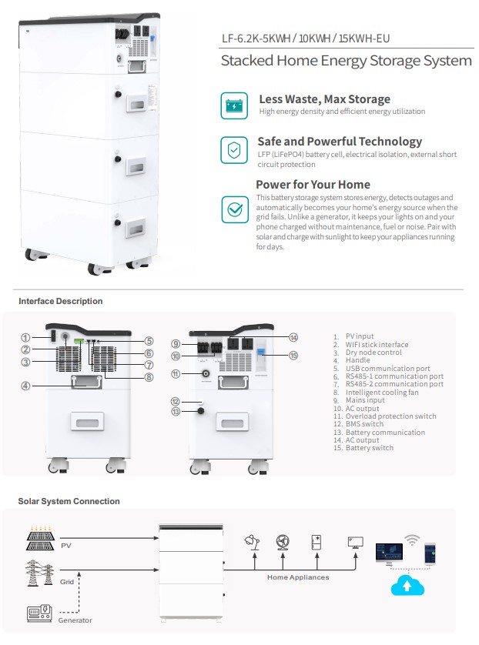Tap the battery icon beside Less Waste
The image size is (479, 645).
point(234,105)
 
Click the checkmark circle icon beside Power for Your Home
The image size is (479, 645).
point(234,209)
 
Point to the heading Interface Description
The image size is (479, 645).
point(60,301)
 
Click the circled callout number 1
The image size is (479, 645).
point(25,337)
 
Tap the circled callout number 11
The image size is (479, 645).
point(176,374)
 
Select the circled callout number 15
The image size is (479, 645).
point(293,355)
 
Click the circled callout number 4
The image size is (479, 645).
point(25,385)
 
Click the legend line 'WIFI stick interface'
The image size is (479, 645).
point(377,345)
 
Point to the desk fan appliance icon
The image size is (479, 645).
point(283,542)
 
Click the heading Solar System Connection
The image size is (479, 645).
point(69,501)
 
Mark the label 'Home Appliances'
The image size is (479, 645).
point(298,577)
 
